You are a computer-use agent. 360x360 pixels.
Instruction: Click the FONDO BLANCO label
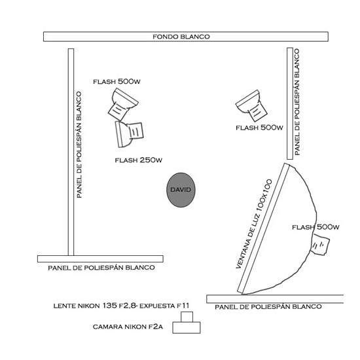(181, 37)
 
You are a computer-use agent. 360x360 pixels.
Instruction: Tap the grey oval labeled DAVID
(181, 190)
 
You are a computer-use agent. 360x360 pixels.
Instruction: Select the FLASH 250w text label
(139, 160)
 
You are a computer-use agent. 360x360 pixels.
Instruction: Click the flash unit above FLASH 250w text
(129, 134)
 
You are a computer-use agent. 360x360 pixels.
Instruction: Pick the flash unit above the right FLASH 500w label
(252, 105)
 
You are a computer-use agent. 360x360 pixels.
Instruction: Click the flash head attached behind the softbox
(320, 245)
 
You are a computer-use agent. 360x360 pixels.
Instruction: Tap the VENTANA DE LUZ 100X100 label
(254, 224)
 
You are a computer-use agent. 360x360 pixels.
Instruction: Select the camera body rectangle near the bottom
(187, 328)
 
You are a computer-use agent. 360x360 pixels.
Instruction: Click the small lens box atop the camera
(187, 317)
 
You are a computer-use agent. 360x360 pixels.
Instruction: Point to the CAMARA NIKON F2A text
(128, 327)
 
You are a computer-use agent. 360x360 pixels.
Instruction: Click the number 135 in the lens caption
(109, 306)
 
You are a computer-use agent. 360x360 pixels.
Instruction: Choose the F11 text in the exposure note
(183, 306)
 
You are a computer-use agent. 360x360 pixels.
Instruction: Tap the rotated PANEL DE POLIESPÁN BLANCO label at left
(79, 145)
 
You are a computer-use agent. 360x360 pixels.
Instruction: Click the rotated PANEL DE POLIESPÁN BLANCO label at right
(297, 102)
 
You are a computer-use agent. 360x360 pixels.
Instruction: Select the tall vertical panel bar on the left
(71, 152)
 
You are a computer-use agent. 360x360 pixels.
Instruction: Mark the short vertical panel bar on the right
(290, 103)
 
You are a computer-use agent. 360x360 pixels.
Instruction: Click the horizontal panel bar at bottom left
(100, 259)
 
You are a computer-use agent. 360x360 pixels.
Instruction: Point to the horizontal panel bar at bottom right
(275, 299)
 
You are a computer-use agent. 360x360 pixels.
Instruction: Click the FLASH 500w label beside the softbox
(315, 227)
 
